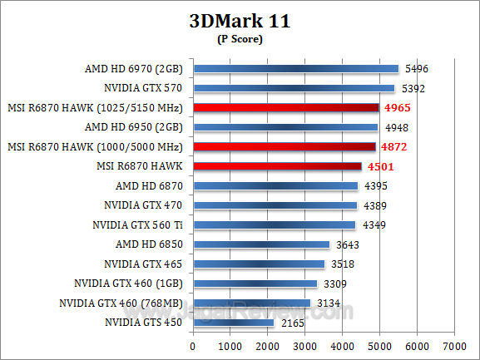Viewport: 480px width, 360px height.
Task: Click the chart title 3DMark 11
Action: click(x=240, y=22)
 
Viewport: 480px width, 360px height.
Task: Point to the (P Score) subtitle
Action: click(x=240, y=39)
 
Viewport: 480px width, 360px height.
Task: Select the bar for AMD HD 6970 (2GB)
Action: click(x=295, y=68)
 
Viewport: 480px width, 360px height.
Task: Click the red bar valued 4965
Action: click(x=285, y=107)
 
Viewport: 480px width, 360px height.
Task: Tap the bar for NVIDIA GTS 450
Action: click(x=233, y=322)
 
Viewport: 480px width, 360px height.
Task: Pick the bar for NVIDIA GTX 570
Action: click(x=293, y=87)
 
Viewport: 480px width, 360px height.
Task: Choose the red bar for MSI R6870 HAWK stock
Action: click(x=277, y=166)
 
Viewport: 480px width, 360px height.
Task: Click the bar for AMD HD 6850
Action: click(x=260, y=244)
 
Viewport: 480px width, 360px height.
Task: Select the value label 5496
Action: click(x=416, y=68)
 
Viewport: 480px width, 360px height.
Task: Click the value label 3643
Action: click(x=347, y=244)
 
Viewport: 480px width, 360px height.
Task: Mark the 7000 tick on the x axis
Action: click(x=453, y=344)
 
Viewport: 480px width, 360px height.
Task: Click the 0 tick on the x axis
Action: click(x=193, y=344)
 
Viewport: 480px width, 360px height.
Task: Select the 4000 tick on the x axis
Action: click(x=342, y=344)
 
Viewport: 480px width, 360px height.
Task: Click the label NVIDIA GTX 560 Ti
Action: click(x=140, y=224)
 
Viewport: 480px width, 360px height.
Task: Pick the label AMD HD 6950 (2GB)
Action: click(x=136, y=127)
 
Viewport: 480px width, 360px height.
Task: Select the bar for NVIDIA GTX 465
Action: click(x=259, y=264)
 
